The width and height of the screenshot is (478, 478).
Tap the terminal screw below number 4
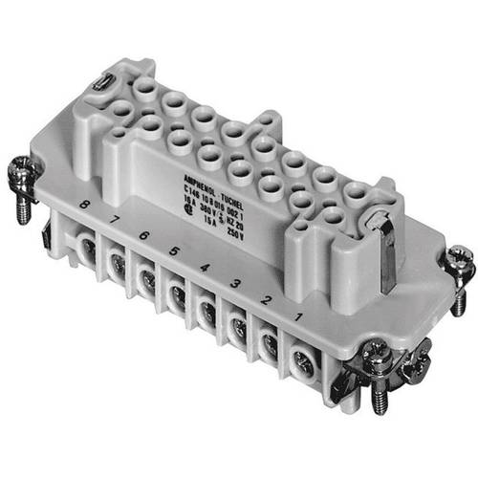click(x=206, y=309)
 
